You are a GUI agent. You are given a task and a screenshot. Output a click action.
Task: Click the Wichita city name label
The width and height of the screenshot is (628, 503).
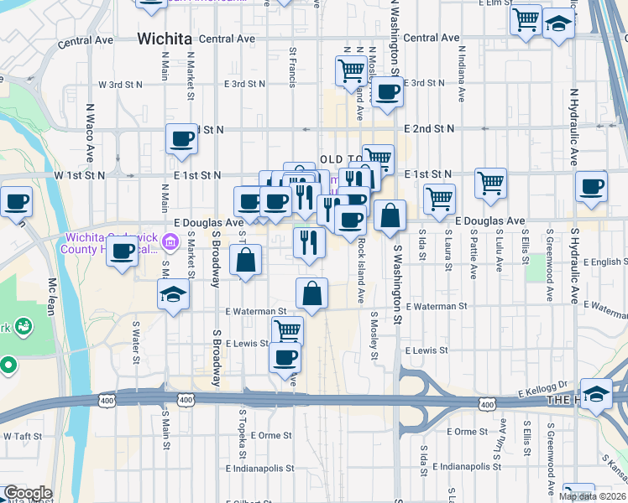click(163, 39)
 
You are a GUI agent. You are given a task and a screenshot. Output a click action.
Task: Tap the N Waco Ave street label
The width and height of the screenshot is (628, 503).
click(89, 133)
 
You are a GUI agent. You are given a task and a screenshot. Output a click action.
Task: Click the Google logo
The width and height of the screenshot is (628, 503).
click(28, 493)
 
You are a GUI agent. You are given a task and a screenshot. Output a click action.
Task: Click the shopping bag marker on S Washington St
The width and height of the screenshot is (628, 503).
click(390, 215)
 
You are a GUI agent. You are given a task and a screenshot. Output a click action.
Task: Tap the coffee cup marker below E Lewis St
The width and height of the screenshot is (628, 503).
click(285, 357)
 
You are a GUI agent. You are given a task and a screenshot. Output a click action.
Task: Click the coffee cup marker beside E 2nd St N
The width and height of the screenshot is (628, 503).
click(181, 139)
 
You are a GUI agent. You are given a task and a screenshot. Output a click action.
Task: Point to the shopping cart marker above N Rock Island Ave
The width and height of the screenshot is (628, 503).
click(351, 70)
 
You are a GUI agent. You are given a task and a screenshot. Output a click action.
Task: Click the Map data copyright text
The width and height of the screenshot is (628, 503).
click(593, 496)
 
